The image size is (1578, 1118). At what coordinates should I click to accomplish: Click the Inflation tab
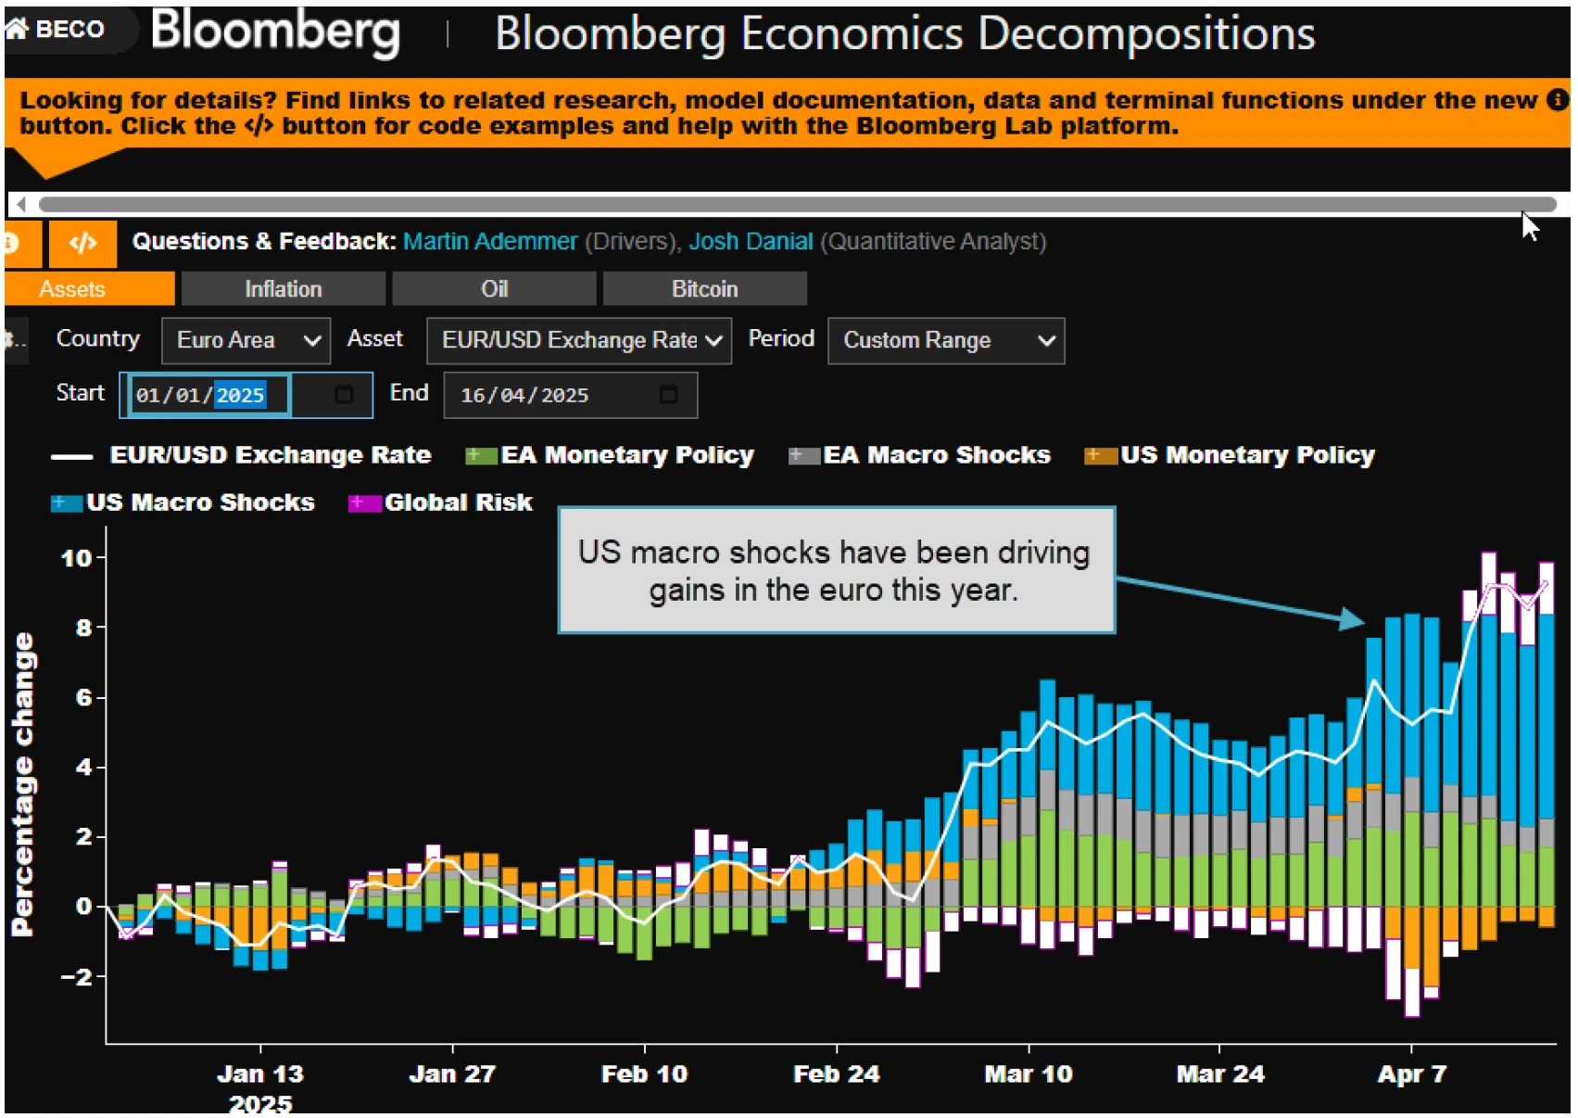pos(283,289)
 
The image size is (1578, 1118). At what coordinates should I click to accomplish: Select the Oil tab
pos(494,289)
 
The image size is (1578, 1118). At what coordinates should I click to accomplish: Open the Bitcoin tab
pos(704,289)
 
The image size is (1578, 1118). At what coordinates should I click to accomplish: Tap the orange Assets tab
pos(72,289)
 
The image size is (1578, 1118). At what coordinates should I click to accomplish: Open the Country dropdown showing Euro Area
pos(246,341)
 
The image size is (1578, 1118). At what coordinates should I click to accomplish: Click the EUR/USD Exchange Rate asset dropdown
pos(578,341)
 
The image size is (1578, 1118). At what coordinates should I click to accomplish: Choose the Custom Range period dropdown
pos(945,341)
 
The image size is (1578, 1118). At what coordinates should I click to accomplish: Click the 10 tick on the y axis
pos(76,558)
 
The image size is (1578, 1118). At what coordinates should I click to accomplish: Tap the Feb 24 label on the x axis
pos(836,1074)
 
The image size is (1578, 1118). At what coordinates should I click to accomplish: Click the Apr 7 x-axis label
pos(1411,1074)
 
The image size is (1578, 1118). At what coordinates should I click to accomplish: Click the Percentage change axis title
pos(22,784)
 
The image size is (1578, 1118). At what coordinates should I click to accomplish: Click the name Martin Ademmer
pos(490,242)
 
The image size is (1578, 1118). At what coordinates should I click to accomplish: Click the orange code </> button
pos(83,243)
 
